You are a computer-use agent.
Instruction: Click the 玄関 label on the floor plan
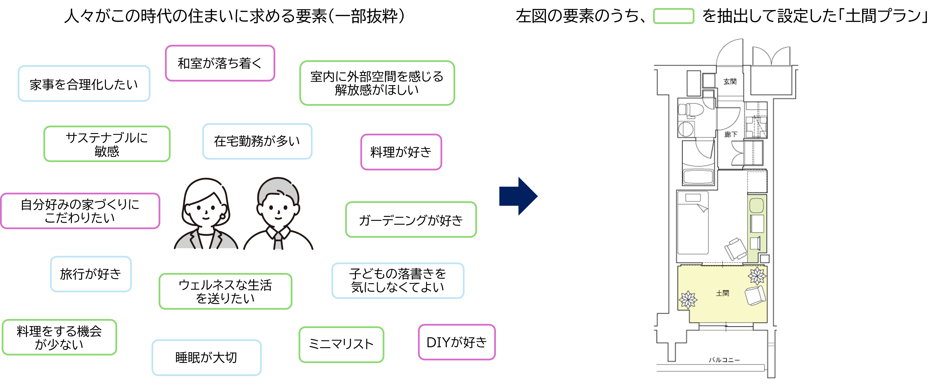tap(730, 81)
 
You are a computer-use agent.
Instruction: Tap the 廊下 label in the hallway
tap(731, 134)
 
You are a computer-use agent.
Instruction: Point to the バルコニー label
tap(724, 360)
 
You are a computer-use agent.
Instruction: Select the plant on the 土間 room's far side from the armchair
tap(688, 299)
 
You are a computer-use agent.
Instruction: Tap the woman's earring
tap(222, 216)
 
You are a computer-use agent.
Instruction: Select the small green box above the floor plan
tap(674, 16)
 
